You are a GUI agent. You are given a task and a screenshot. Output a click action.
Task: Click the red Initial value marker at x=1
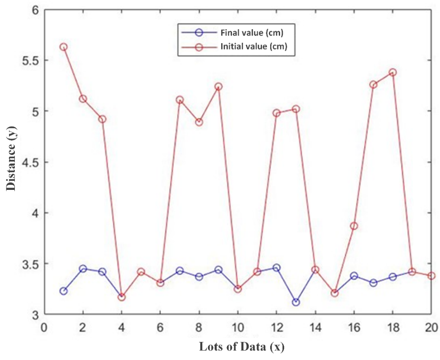point(64,47)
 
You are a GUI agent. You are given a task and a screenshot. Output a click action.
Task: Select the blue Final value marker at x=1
point(64,291)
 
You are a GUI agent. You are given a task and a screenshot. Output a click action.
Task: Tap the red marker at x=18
point(392,72)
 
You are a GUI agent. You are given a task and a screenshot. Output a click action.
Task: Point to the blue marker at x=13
point(296,302)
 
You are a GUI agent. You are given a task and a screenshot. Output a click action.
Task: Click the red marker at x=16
point(354,226)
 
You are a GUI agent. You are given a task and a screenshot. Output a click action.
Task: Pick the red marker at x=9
point(218,86)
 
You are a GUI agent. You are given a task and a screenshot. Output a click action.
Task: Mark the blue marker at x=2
point(83,269)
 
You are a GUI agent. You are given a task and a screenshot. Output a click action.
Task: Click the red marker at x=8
point(199,122)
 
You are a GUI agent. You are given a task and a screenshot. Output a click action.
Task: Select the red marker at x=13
point(296,109)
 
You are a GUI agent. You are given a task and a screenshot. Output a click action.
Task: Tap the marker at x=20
point(431,275)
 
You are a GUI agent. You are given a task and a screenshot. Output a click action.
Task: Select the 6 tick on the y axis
point(34,10)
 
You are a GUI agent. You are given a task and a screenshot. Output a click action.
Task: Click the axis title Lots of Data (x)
point(242,347)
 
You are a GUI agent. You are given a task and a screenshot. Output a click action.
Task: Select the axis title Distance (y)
point(11,162)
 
